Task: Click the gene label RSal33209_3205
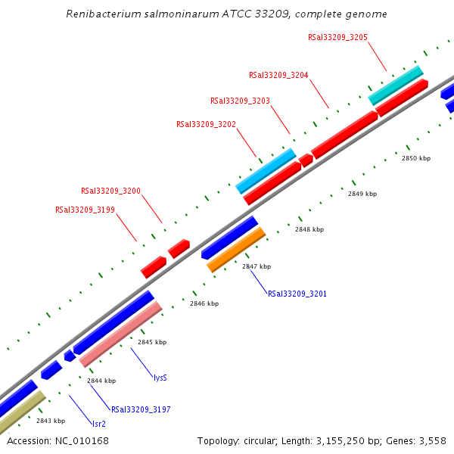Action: pos(337,37)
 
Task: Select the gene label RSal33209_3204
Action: pos(278,75)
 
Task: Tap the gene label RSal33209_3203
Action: pos(240,101)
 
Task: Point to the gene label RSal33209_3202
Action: pos(206,124)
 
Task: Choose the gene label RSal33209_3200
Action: pos(110,191)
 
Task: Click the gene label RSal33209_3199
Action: pos(85,210)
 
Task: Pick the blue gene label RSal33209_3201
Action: pos(297,293)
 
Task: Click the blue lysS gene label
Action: pos(160,377)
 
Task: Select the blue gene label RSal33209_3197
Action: pos(140,409)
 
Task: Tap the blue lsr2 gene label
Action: pos(98,424)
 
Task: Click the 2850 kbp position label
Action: pos(415,159)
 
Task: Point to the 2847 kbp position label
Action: pos(256,266)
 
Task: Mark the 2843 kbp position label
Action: pos(50,421)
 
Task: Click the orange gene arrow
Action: pos(236,249)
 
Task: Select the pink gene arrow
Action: pos(121,334)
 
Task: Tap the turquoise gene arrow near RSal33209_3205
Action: pos(395,85)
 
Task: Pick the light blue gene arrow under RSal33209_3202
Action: pos(265,171)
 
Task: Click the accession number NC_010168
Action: pos(80,440)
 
